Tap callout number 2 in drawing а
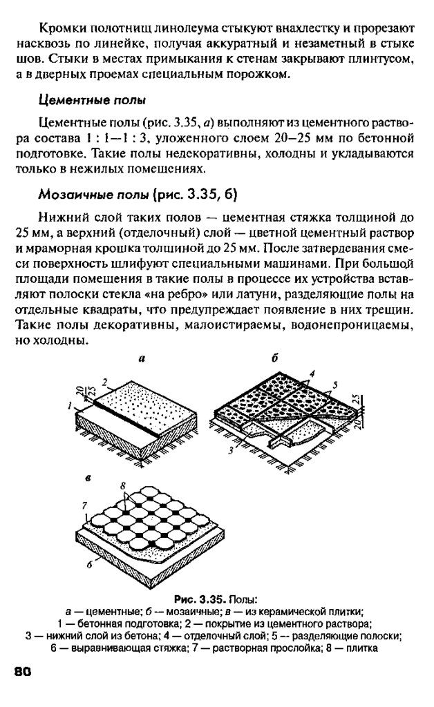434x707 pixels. coord(104,381)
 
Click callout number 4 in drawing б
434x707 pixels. coord(312,374)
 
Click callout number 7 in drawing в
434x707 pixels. coord(84,505)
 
